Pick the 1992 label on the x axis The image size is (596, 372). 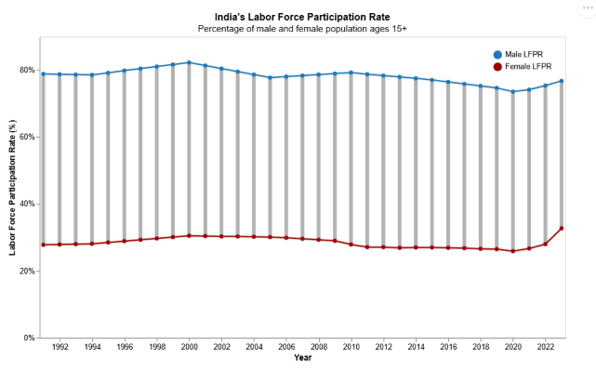coord(60,347)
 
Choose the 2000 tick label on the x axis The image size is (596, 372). coord(190,347)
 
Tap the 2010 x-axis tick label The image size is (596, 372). coord(351,347)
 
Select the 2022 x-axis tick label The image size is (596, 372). coord(546,347)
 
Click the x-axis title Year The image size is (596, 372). coord(303,358)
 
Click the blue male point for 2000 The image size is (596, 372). coord(190,63)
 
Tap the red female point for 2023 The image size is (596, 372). coord(562,229)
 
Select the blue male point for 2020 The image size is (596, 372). coord(513,92)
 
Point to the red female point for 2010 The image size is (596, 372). coord(351,244)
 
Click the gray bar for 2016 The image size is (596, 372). coord(448,167)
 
